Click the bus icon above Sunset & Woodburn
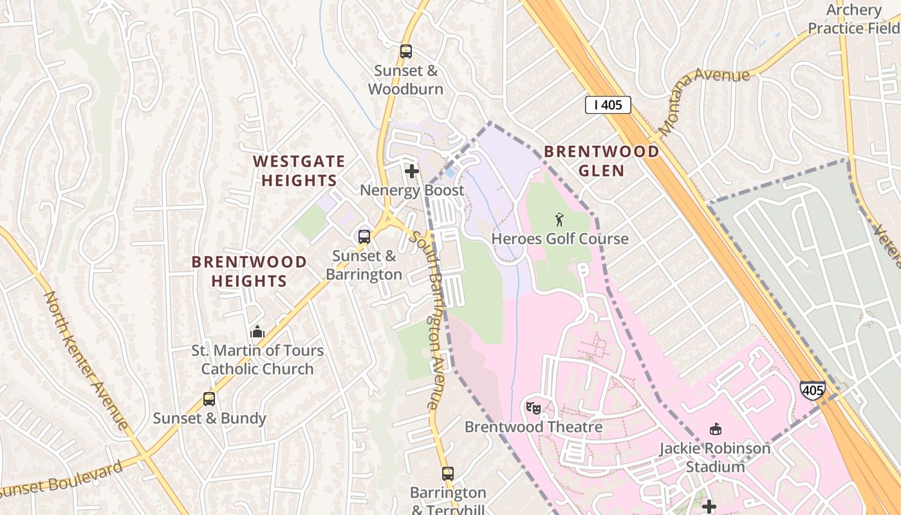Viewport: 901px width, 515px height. tap(405, 51)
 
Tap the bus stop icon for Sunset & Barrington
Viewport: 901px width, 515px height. tap(364, 236)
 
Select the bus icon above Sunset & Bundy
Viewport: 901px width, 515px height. tap(209, 398)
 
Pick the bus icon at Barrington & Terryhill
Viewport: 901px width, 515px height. tap(448, 474)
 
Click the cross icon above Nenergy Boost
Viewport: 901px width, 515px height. tap(412, 171)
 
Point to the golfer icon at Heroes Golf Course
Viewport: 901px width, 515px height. tap(559, 220)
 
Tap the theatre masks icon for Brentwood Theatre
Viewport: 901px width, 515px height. tap(533, 407)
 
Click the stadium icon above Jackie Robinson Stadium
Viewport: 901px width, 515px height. tap(714, 429)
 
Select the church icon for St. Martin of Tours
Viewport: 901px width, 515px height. tap(257, 332)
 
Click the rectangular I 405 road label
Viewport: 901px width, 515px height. tap(608, 105)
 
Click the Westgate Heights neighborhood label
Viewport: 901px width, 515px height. tap(299, 171)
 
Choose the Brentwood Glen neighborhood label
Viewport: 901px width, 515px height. tap(601, 161)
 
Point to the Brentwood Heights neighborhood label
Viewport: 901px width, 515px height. tap(249, 271)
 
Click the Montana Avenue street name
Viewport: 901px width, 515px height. tap(704, 100)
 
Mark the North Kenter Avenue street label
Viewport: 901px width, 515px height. tap(86, 360)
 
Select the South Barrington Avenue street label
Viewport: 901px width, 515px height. tap(434, 320)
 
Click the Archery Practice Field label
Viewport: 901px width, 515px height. tap(853, 19)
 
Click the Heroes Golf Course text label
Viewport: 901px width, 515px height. tap(560, 239)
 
